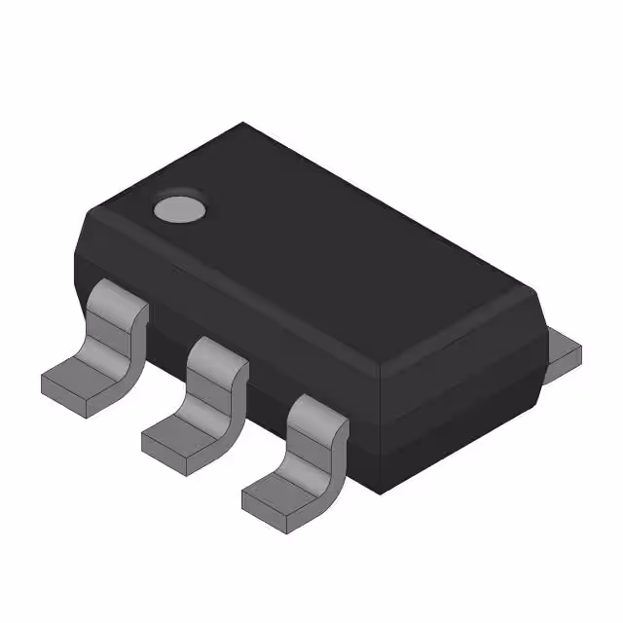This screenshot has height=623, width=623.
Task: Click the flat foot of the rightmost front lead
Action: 280,491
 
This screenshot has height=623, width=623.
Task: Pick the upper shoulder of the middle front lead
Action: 216,352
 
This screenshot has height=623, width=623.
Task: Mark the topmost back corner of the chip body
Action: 243,124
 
